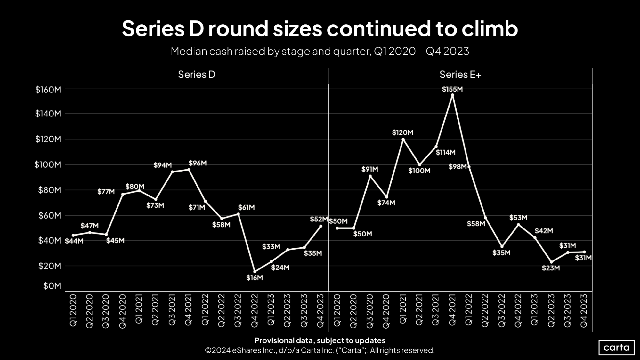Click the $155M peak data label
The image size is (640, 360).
(x=452, y=89)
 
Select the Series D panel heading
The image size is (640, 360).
(x=197, y=75)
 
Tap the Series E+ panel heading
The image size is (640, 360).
(x=460, y=75)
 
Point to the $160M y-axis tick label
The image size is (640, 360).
(x=48, y=90)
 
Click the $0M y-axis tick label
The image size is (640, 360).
(x=52, y=286)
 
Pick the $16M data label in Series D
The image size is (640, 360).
(x=255, y=278)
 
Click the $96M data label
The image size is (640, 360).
(x=198, y=163)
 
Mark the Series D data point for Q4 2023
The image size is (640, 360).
(x=320, y=226)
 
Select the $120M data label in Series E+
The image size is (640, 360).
(x=402, y=132)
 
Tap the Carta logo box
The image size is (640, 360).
(x=616, y=348)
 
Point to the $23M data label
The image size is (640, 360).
(x=551, y=268)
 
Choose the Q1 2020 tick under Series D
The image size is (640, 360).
(x=73, y=310)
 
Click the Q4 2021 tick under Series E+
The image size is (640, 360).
(x=452, y=310)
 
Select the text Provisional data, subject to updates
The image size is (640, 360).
(x=320, y=340)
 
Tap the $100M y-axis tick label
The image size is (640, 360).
(x=47, y=165)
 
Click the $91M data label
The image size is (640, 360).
(x=369, y=169)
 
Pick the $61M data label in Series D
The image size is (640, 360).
(x=246, y=207)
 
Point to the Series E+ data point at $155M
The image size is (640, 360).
(x=452, y=95)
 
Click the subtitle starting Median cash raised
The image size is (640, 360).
(x=320, y=51)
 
